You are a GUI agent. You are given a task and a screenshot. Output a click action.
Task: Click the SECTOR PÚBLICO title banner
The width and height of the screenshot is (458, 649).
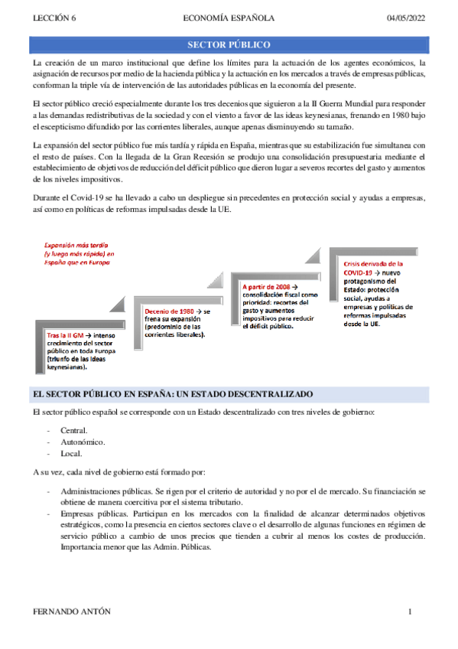pos(229,45)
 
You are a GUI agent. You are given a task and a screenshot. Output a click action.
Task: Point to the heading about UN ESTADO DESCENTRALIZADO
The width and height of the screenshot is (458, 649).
pos(174,393)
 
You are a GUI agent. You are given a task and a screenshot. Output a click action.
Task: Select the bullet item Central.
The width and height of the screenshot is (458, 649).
pos(74,430)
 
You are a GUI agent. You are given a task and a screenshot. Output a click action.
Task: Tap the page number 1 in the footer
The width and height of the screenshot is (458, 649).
pos(411,612)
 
